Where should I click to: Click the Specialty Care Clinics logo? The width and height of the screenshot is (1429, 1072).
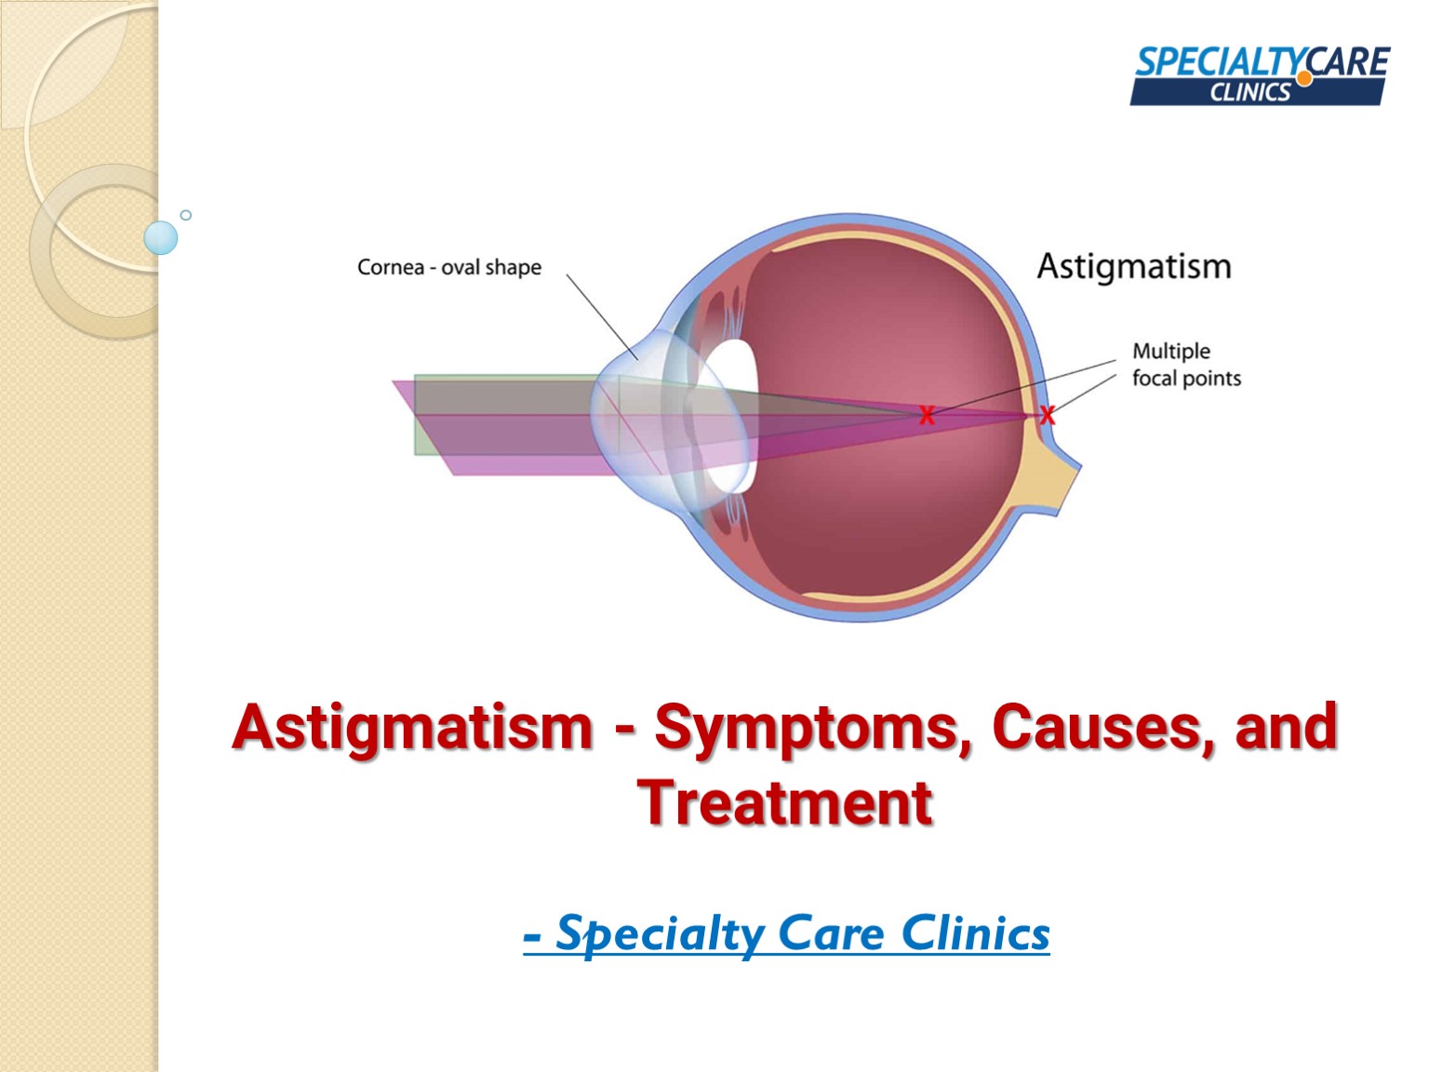point(1260,75)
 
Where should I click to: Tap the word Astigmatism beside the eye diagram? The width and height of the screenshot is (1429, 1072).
point(1134,267)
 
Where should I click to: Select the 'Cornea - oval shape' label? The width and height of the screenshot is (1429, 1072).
point(448,268)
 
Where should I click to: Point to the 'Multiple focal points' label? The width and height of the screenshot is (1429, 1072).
point(1185,365)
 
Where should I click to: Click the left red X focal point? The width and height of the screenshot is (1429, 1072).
point(927,415)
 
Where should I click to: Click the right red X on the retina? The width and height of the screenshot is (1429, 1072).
point(1048,415)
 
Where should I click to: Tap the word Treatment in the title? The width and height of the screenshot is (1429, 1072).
point(784,803)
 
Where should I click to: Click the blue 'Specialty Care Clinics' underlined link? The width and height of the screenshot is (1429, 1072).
point(787,933)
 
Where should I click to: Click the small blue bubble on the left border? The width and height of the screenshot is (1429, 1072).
point(161,238)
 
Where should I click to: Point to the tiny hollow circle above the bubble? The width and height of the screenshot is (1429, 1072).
point(186,215)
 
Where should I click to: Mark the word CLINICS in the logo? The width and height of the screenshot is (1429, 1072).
point(1249,92)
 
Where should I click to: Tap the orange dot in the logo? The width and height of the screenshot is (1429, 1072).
point(1304,79)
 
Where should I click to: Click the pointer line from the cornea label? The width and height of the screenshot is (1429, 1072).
point(601,316)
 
